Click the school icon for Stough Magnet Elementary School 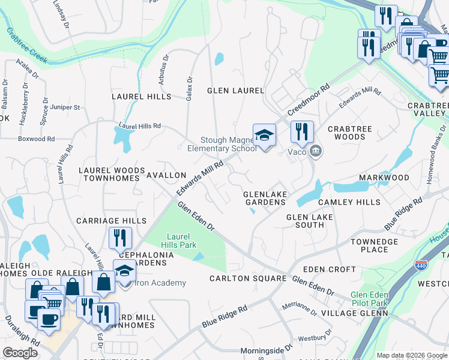click(264, 135)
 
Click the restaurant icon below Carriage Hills click(120, 238)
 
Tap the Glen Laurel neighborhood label click(235, 91)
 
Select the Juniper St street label click(65, 107)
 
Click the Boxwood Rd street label click(37, 139)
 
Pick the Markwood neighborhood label click(384, 178)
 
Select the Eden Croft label click(330, 269)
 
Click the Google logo click(20, 353)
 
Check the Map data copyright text click(411, 355)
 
